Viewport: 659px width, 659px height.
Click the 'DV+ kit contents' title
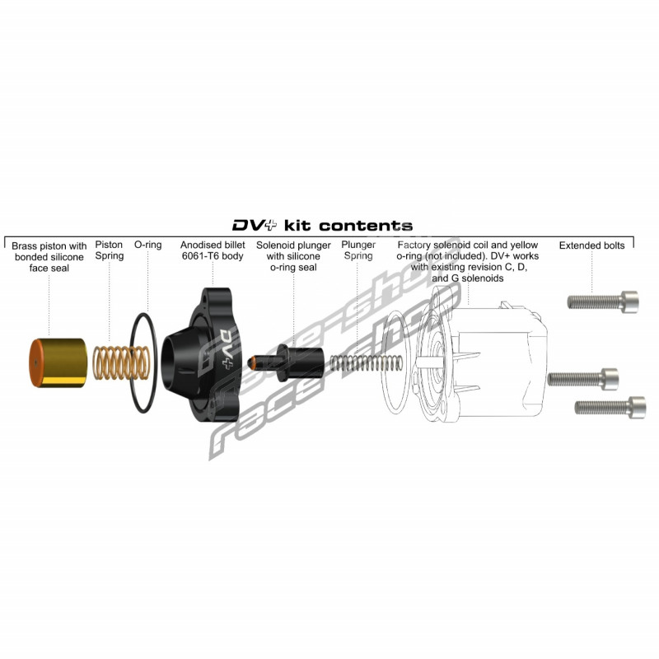click(x=322, y=225)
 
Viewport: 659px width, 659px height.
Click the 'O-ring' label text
click(x=147, y=245)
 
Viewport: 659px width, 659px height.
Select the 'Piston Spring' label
click(x=110, y=250)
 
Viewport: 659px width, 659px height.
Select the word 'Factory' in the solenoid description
click(x=416, y=245)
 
